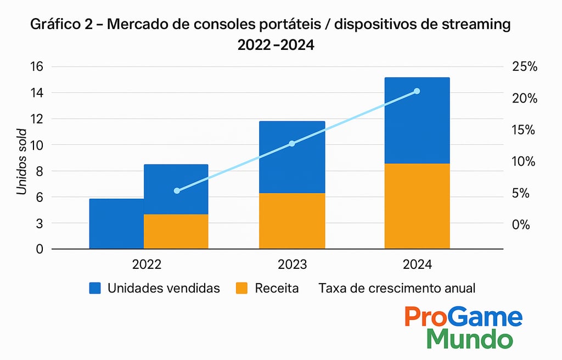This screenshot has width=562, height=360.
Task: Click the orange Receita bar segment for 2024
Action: [417, 206]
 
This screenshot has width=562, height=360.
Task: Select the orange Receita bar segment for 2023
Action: [292, 221]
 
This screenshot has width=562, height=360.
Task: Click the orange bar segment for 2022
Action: [176, 231]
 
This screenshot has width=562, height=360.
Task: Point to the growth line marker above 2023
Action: [292, 144]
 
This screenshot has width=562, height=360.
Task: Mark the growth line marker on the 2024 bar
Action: [417, 91]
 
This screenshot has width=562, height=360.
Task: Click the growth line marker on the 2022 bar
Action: [177, 191]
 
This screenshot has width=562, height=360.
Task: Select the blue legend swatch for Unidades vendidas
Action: [95, 288]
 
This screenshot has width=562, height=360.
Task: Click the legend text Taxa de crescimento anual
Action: [396, 288]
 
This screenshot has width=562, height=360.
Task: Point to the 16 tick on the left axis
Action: [36, 67]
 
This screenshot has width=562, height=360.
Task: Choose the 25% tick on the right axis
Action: [524, 67]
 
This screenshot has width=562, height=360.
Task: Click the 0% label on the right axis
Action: [520, 224]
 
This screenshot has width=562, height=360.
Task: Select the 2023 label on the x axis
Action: [292, 265]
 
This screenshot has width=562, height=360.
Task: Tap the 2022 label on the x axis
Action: [147, 265]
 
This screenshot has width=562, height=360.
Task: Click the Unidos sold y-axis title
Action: [22, 162]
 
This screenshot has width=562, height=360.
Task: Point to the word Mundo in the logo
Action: [470, 339]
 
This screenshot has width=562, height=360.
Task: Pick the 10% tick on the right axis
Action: [524, 161]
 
